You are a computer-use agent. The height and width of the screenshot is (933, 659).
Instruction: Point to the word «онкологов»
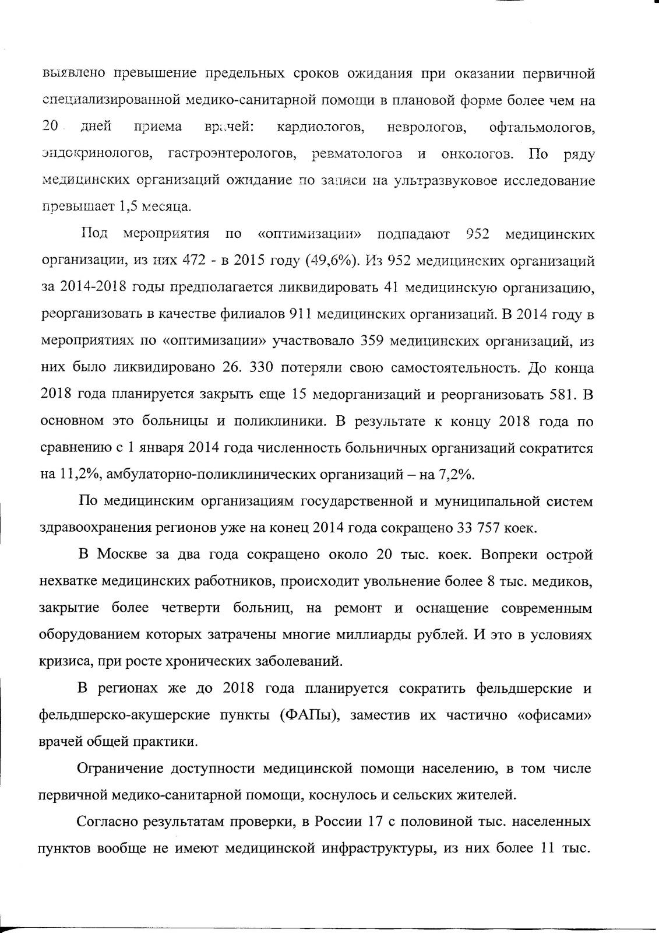click(477, 154)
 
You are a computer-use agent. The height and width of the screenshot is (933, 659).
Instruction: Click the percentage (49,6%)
click(330, 261)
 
